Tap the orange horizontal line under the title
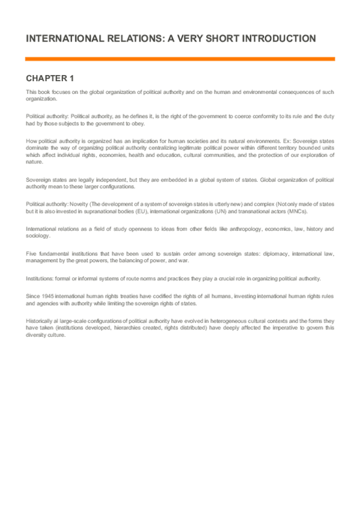tap(180, 59)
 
